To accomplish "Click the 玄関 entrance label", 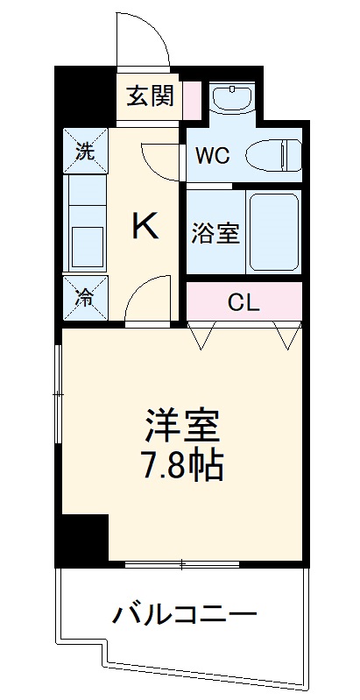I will pos(151,96).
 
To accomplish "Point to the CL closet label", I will pos(244,303).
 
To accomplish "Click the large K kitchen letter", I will pos(145,228).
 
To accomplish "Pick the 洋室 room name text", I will pos(183,426).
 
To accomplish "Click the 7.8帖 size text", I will pos(183,465).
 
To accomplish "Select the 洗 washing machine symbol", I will pos(84,150).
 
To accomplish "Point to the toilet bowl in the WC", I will pos(272,156).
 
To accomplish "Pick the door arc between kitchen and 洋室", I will pos(147,299).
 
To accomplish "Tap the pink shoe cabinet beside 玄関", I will pos(193,96).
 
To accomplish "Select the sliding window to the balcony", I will pos(182,563).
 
